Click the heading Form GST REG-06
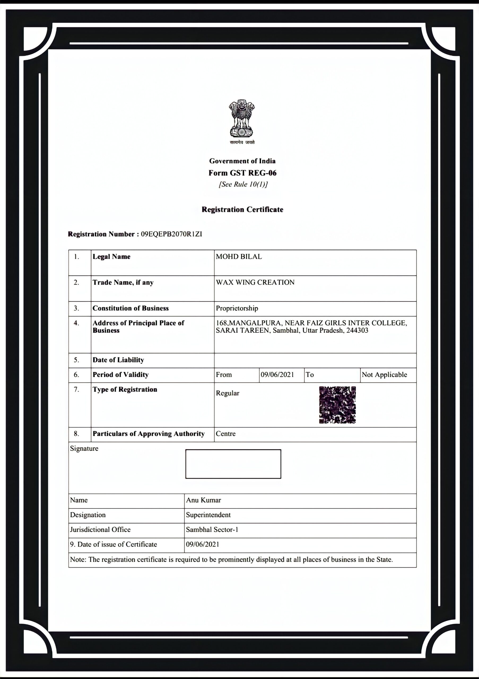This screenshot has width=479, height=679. (x=242, y=173)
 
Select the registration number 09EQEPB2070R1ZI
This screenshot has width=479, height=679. (x=172, y=234)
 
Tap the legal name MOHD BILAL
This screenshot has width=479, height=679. (x=239, y=257)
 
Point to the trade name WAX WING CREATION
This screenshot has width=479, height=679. (x=255, y=282)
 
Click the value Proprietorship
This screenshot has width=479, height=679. (x=237, y=308)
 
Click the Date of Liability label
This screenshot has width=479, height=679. (x=118, y=360)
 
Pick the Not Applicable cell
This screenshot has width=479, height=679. (x=384, y=375)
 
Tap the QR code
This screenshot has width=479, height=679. (x=337, y=405)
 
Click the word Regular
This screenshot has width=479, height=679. (x=227, y=393)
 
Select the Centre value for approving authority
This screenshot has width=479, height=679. (x=226, y=434)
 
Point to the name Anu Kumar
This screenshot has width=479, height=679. (x=203, y=500)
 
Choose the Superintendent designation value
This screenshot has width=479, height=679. (x=208, y=515)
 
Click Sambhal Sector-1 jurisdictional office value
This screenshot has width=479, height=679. (x=212, y=530)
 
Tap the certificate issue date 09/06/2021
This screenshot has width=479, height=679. (x=203, y=545)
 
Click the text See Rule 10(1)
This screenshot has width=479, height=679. (x=243, y=185)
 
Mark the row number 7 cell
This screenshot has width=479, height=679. (x=77, y=389)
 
